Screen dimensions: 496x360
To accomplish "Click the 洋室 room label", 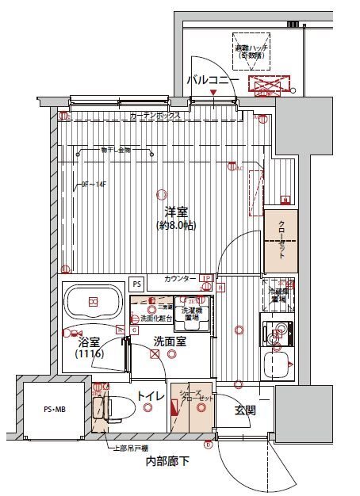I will (176, 212).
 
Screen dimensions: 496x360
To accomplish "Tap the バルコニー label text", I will (213, 80).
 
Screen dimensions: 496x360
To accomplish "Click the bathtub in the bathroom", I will (94, 302).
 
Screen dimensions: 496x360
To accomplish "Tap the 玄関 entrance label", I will (243, 410).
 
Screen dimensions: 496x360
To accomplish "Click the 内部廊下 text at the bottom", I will (167, 462).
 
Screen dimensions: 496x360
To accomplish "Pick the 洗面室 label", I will (170, 342).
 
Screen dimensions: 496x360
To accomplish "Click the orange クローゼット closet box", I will (281, 237).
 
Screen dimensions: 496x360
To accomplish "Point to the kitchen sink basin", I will (278, 366).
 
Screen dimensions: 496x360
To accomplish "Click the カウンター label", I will (181, 279).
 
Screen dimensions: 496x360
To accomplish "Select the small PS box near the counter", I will (136, 283).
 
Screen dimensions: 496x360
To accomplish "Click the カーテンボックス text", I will (155, 116).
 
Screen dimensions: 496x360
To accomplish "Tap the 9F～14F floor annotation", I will (94, 186).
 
